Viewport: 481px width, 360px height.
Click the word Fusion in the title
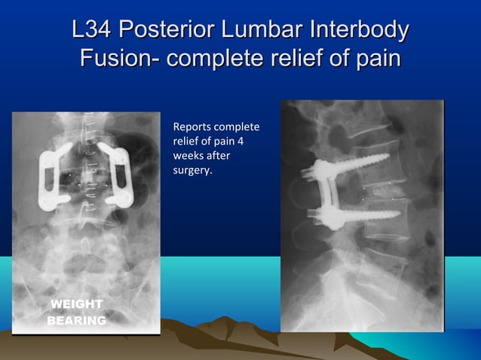pyautogui.click(x=112, y=58)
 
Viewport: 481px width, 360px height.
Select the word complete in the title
pyautogui.click(x=213, y=58)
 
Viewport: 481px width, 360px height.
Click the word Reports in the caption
pyautogui.click(x=191, y=126)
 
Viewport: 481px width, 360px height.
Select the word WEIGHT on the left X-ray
pyautogui.click(x=75, y=304)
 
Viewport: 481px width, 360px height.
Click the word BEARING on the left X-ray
pyautogui.click(x=76, y=321)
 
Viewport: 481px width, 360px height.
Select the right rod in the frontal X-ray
pyautogui.click(x=118, y=177)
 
